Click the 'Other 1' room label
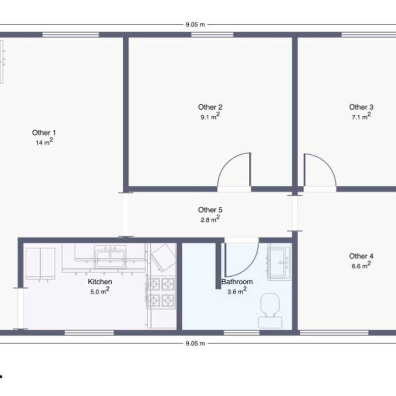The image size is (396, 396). pos(44,133)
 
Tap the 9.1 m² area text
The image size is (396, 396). pos(210,116)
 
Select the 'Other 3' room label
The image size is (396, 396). pos(361,107)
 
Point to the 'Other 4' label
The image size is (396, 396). pos(361,256)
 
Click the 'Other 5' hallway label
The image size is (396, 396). pos(210,210)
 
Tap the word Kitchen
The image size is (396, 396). pos(100,282)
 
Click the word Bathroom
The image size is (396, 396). pos(237,282)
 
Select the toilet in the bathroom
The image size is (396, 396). pos(270,311)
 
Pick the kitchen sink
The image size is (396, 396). pos(110,257)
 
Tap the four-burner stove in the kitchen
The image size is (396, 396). pos(161,293)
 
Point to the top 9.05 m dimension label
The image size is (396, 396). pos(195,24)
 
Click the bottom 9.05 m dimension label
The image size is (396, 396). pos(195,343)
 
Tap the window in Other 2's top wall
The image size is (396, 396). pos(212,35)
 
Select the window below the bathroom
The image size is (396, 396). pos(242,333)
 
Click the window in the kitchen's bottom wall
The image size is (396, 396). pos(89,333)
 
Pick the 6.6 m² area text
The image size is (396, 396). pos(361,266)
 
